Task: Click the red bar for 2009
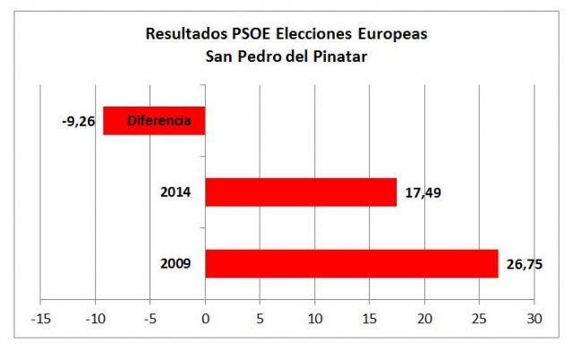[x=351, y=263]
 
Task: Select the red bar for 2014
[x=300, y=192]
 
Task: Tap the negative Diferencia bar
[x=154, y=121]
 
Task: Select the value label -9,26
[x=76, y=121]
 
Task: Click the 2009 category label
[x=175, y=264]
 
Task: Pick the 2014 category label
[x=175, y=193]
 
